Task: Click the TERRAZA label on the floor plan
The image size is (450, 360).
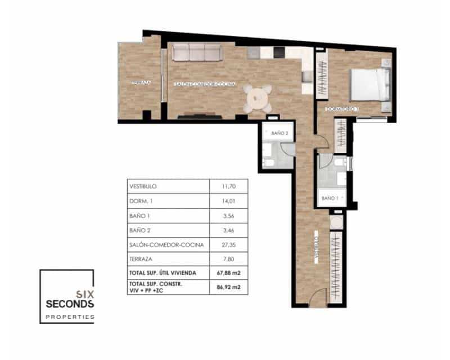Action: click(141, 83)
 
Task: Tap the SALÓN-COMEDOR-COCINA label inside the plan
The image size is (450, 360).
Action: click(204, 84)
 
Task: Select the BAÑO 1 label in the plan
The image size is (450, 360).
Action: click(330, 198)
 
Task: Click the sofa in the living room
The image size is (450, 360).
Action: click(196, 52)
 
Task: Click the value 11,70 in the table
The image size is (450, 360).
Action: click(228, 186)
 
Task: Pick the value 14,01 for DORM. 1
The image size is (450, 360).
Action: click(228, 201)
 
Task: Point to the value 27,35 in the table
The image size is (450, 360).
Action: click(228, 245)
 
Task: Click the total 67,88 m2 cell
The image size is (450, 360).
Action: click(228, 273)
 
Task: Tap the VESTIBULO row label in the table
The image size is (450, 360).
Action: click(143, 186)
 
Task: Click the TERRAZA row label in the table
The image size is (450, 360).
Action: click(141, 259)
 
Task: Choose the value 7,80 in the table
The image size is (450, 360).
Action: click(228, 259)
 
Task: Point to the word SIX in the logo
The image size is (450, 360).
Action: click(84, 293)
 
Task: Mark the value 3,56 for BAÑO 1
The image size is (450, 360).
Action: click(228, 215)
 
